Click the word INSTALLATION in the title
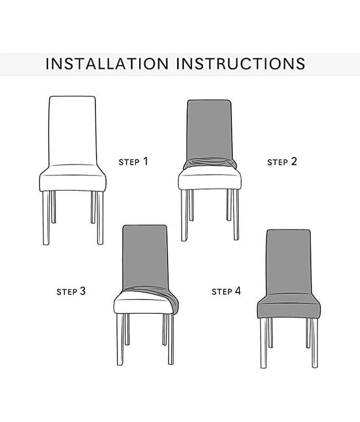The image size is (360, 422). click(107, 64)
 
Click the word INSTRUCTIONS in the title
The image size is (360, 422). click(241, 64)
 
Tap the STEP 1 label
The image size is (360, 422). click(133, 162)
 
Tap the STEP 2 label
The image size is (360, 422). click(282, 162)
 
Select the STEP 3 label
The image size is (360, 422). click(71, 291)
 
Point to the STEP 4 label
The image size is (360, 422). click(226, 291)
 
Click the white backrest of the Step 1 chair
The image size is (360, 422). click(72, 131)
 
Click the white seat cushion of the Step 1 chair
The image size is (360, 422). click(73, 178)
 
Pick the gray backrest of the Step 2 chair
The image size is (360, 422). click(209, 130)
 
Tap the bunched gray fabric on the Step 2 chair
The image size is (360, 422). click(210, 164)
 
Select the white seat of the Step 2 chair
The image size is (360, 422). click(210, 180)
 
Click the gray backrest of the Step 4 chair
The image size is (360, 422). click(288, 262)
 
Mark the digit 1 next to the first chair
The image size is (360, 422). click(145, 161)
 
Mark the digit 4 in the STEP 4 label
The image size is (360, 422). click(238, 291)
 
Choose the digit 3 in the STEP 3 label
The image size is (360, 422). click(83, 291)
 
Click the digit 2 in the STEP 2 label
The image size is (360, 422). click(294, 161)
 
